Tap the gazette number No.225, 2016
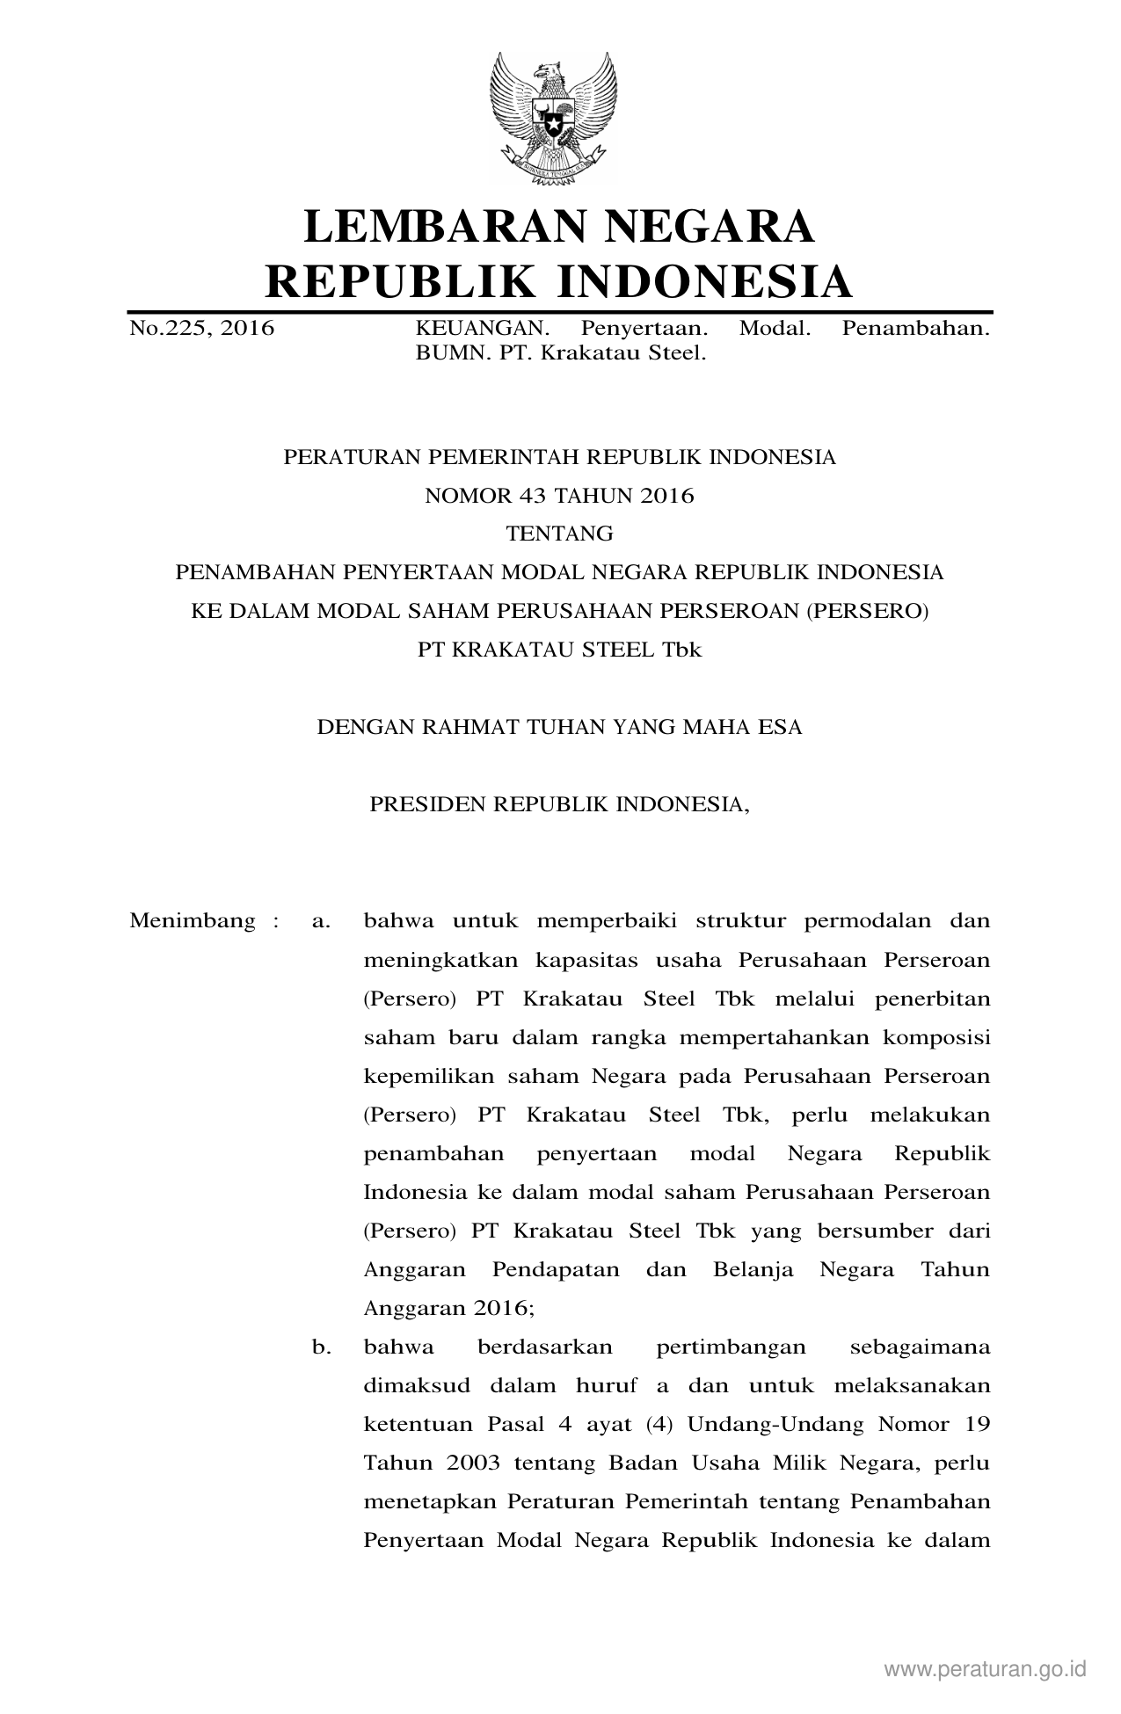pyautogui.click(x=201, y=330)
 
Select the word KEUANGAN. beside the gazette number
pyautogui.click(x=482, y=330)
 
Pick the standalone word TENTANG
pyautogui.click(x=559, y=534)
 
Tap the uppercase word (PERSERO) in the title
pyautogui.click(x=867, y=612)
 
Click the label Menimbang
pyautogui.click(x=193, y=921)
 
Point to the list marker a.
pyautogui.click(x=321, y=921)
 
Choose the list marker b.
pyautogui.click(x=321, y=1347)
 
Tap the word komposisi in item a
pyautogui.click(x=937, y=1037)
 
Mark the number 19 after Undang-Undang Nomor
pyautogui.click(x=977, y=1424)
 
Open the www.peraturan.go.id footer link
pyautogui.click(x=986, y=1669)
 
